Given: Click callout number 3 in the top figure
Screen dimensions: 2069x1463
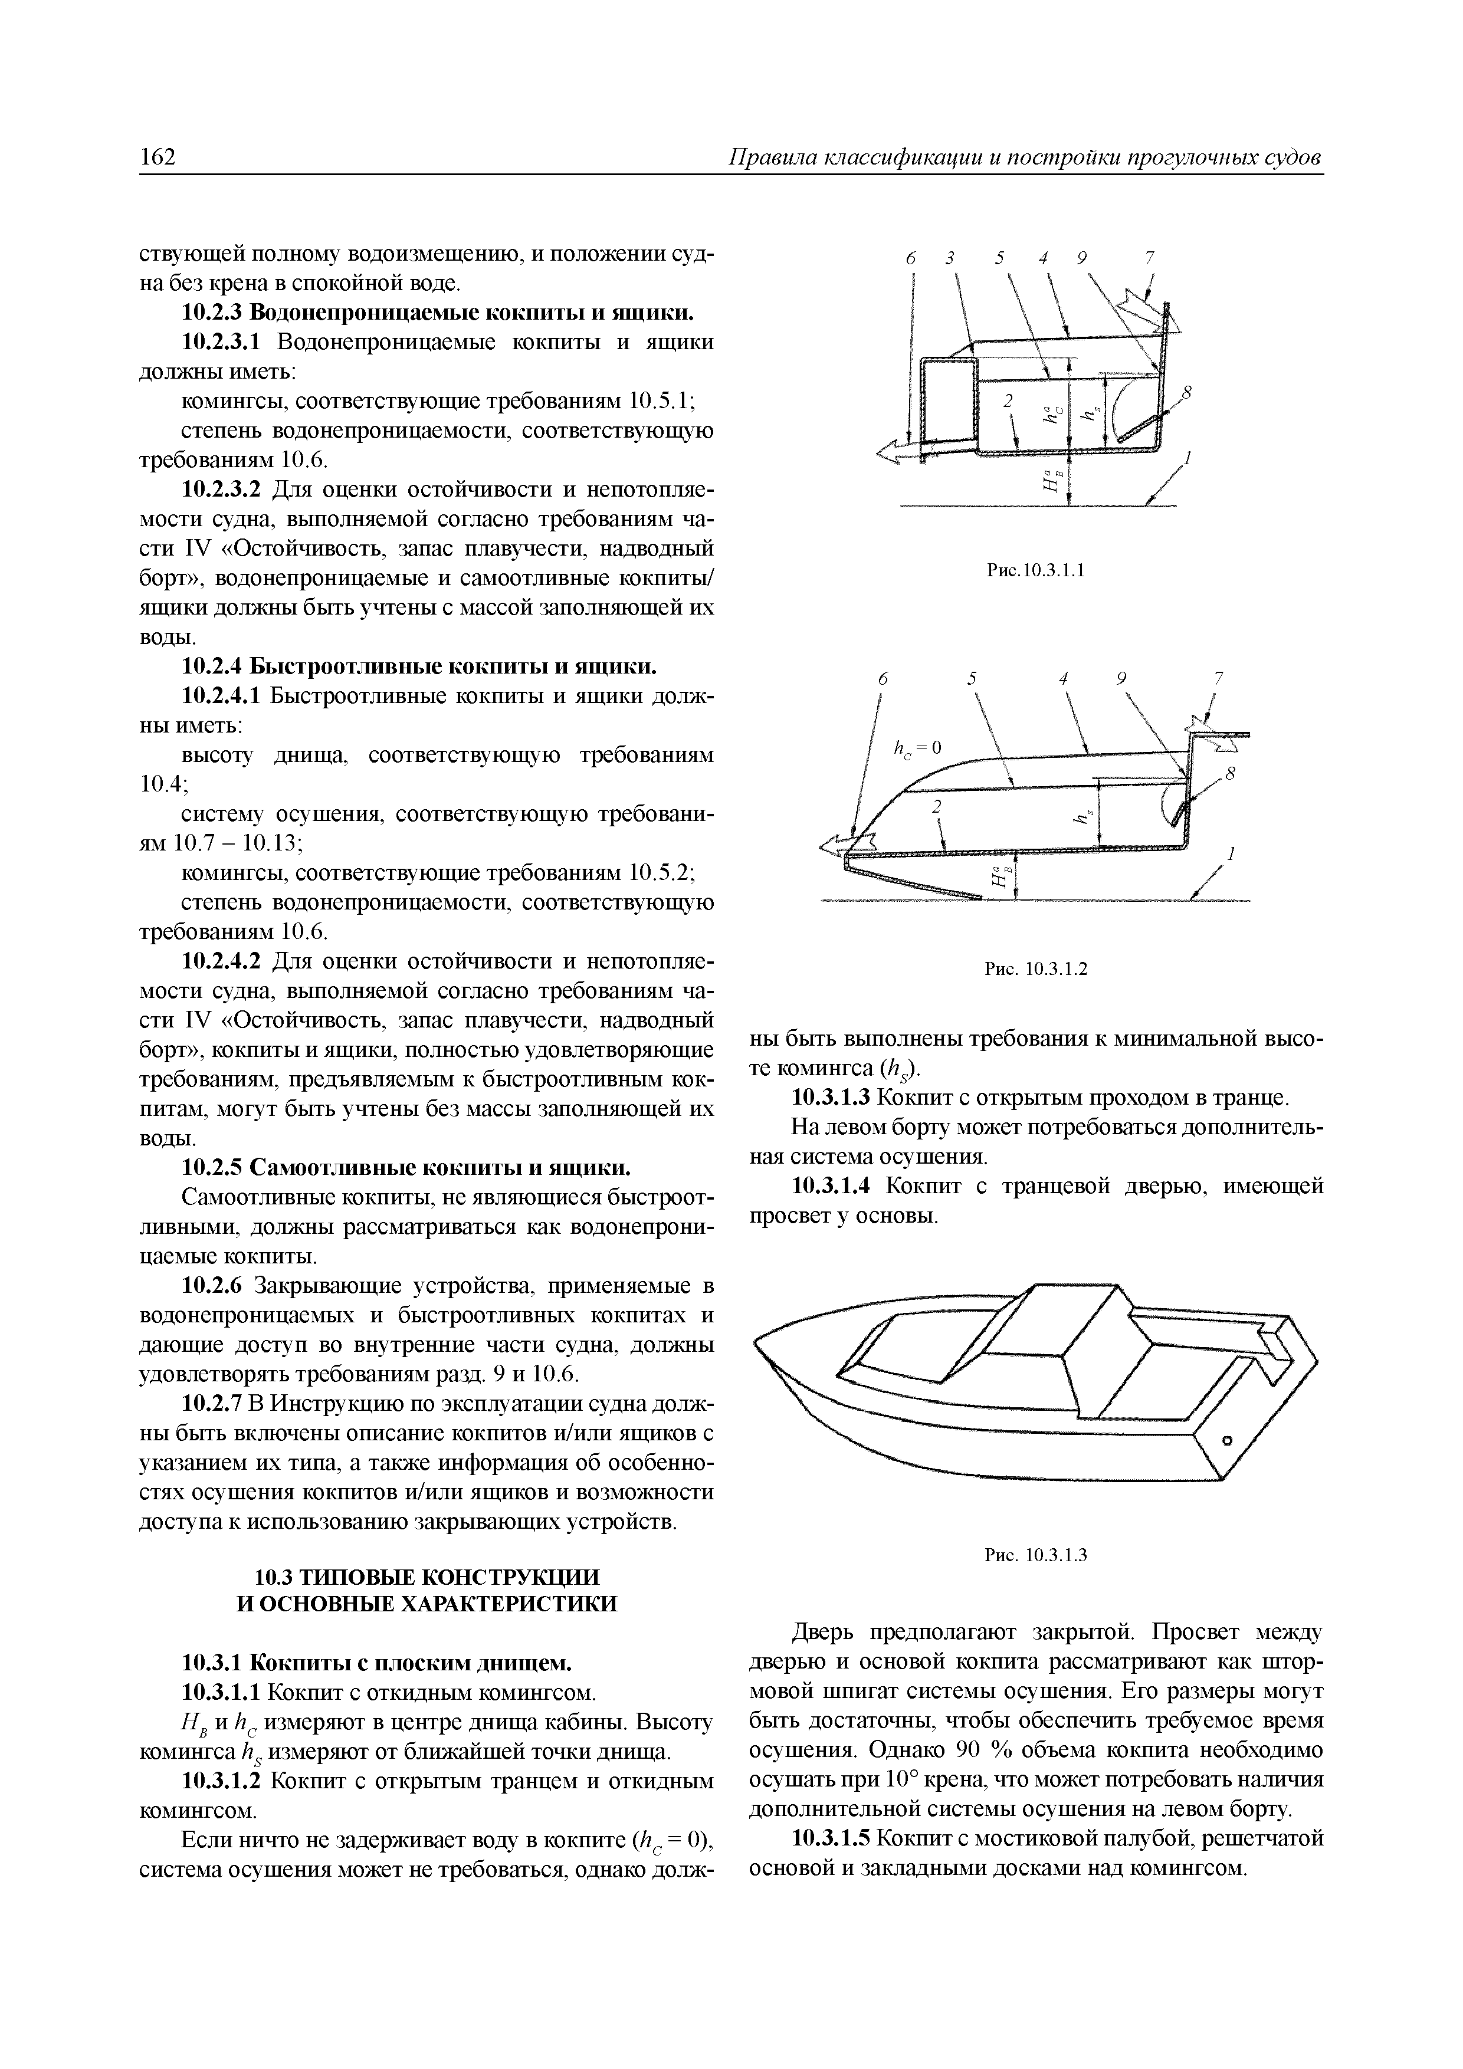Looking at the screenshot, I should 950,258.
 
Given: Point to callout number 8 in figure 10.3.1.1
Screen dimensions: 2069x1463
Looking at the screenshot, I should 1186,391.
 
